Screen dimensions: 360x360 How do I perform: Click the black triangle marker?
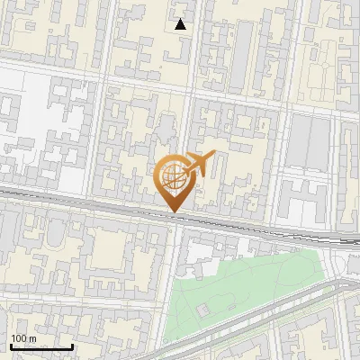tap(181, 24)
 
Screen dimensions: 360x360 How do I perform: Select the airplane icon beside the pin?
tap(199, 164)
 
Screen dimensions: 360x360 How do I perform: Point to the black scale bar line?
tap(41, 346)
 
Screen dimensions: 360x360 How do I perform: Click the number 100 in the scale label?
tap(19, 338)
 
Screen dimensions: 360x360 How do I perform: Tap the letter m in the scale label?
tap(32, 338)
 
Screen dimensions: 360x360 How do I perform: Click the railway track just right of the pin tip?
tap(207, 219)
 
